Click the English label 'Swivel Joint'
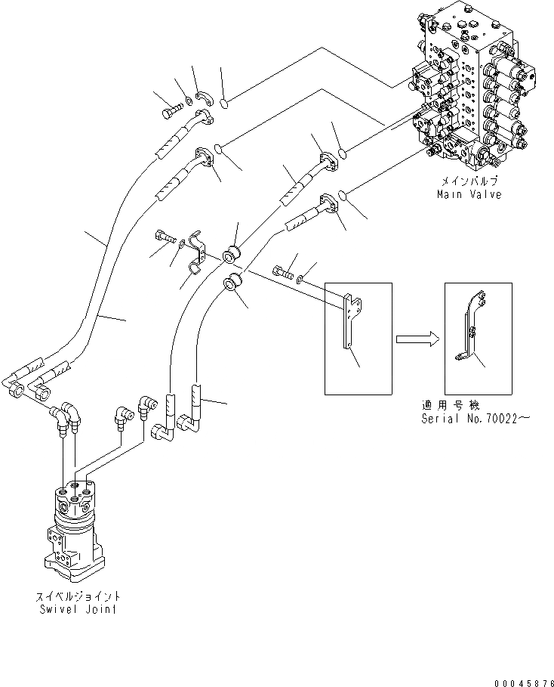pos(80,607)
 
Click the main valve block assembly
pos(476,91)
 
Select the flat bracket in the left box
pos(350,321)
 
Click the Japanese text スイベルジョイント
pos(79,596)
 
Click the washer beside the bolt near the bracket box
pos(303,279)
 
